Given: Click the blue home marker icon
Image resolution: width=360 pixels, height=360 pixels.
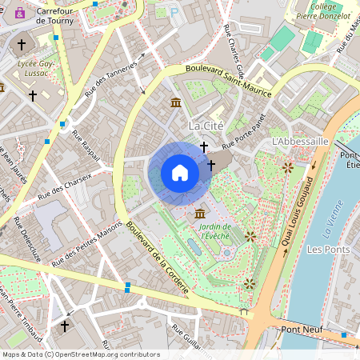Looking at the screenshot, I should click(x=180, y=173).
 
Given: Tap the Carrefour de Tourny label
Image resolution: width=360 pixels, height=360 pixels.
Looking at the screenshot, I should click(x=55, y=15).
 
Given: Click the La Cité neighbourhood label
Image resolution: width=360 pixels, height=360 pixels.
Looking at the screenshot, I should click(x=205, y=126).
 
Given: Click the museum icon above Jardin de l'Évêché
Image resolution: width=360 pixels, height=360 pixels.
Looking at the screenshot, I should click(x=199, y=214).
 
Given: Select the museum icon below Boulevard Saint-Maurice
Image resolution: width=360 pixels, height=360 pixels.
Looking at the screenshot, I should click(x=176, y=102).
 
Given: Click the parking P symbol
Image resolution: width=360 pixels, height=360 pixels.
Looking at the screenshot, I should click(x=174, y=11).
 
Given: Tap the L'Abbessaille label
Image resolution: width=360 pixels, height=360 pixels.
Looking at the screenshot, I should click(x=301, y=141).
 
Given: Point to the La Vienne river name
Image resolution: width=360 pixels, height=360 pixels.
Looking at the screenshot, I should click(x=330, y=226).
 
